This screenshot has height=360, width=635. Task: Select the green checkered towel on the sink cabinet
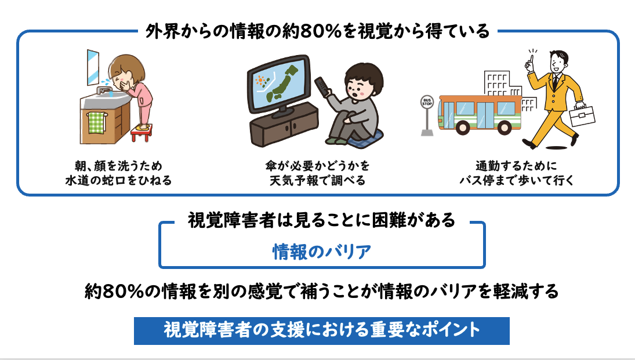click(96, 123)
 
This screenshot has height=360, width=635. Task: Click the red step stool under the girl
click(141, 132)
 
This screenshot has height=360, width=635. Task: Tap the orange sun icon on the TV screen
click(260, 80)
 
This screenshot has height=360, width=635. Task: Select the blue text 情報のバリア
click(321, 252)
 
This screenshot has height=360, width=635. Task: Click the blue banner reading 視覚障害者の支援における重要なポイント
click(321, 331)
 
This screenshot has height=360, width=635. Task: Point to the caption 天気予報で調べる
click(318, 180)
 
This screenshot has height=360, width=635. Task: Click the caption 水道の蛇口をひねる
click(119, 180)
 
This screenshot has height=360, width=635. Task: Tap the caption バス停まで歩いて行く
click(517, 180)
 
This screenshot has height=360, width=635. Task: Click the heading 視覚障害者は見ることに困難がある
click(321, 220)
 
